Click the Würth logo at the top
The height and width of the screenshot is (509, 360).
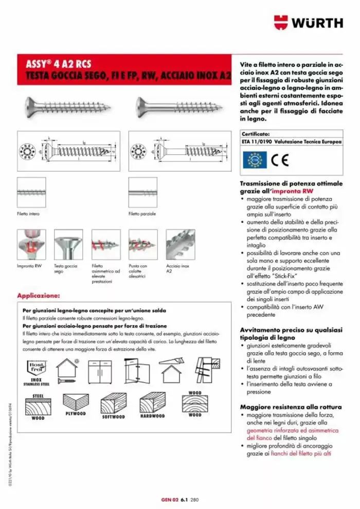pos(308,23)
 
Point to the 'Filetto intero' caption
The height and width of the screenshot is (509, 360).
pos(28,213)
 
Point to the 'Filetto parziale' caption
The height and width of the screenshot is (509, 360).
pos(142,213)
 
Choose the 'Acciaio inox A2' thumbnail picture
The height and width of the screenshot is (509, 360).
pos(181,244)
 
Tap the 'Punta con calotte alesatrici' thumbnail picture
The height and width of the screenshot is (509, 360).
pos(143,244)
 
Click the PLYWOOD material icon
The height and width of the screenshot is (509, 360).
pos(76,403)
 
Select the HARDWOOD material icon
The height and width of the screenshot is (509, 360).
pos(152,404)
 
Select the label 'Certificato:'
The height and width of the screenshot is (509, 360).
pos(256,133)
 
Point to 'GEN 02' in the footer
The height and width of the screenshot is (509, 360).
pos(170,499)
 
